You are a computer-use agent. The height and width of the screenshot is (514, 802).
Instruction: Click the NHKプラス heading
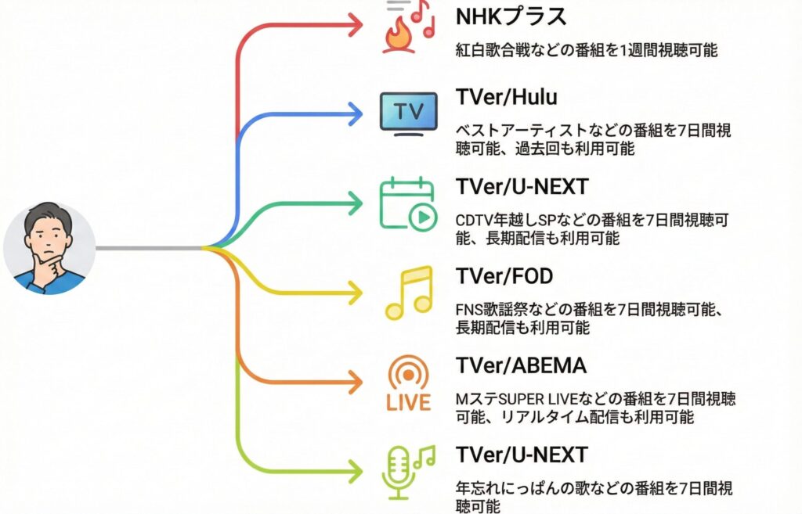[x=511, y=16]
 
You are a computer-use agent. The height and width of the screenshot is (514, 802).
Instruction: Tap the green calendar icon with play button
[x=407, y=203]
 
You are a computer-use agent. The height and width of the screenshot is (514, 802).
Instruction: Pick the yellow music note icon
[x=409, y=293]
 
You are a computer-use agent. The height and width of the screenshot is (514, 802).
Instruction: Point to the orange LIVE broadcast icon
[x=408, y=383]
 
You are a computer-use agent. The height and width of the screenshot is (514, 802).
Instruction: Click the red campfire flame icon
[x=401, y=36]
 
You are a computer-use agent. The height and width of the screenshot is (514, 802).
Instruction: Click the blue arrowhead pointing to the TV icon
[x=355, y=114]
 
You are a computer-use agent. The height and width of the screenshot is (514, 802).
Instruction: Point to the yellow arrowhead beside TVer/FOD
[x=355, y=293]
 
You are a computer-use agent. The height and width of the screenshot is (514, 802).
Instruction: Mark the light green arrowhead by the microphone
[x=355, y=473]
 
